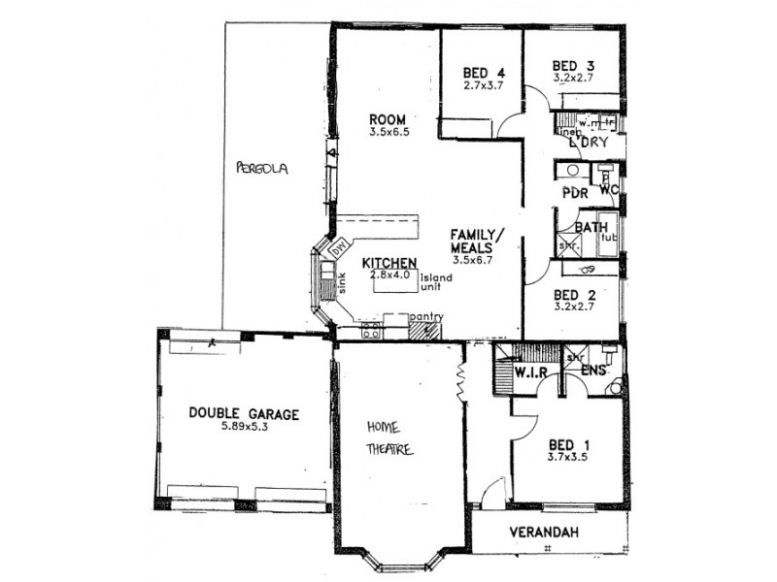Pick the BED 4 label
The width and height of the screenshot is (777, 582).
(x=484, y=72)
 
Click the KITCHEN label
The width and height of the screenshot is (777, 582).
(x=389, y=263)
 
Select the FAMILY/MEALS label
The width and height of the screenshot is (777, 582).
(x=478, y=242)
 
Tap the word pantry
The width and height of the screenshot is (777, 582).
(x=426, y=316)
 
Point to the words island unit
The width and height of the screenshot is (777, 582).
(x=436, y=282)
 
